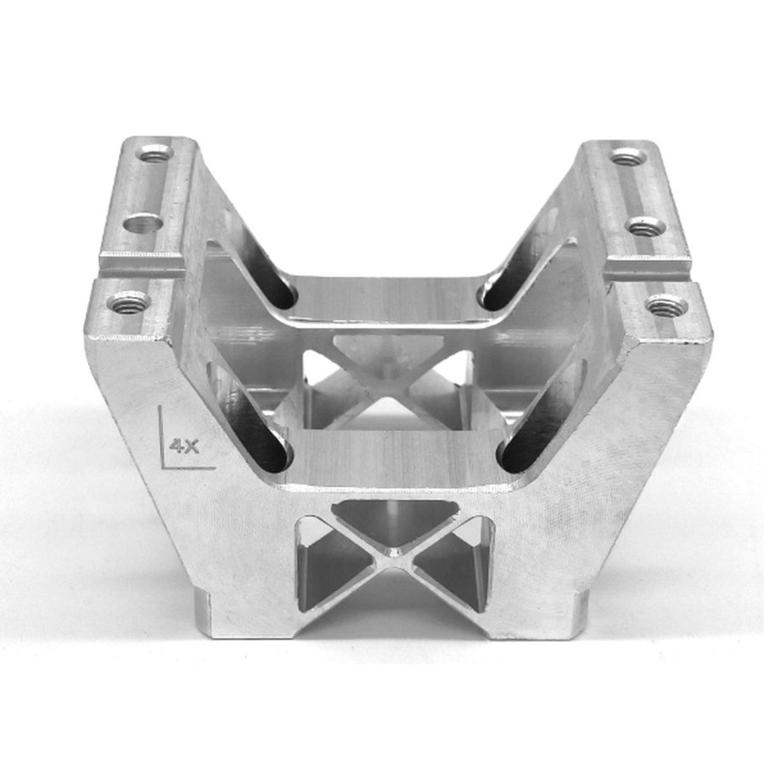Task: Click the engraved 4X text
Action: click(183, 446)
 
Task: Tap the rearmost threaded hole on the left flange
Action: click(156, 155)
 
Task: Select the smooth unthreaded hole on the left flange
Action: click(143, 225)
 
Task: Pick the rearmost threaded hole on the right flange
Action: click(629, 159)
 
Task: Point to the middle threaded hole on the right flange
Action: click(645, 226)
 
